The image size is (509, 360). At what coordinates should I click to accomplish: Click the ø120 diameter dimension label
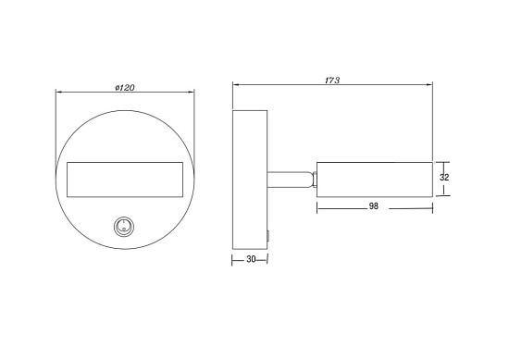[125, 88]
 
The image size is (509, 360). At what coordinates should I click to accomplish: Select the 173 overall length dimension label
[332, 81]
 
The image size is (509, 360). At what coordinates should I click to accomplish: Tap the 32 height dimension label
[444, 178]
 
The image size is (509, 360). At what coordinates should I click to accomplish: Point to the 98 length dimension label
[374, 206]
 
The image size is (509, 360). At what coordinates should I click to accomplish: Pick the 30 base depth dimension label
[251, 259]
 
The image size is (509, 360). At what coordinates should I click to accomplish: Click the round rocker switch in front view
[124, 226]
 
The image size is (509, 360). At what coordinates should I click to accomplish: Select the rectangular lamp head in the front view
[125, 180]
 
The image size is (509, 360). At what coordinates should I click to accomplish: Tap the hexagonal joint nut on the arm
[314, 180]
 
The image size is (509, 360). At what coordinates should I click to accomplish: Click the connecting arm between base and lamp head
[289, 180]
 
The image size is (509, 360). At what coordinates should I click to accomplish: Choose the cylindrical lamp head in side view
[375, 180]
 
